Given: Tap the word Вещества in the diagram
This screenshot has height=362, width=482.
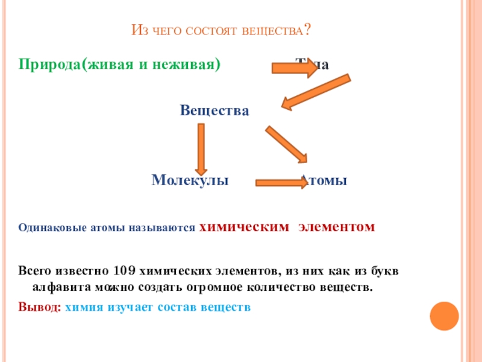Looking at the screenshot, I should point(214,111).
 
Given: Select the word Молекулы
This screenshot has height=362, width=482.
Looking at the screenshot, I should point(190,180).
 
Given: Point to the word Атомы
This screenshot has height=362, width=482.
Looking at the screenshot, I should point(325,180).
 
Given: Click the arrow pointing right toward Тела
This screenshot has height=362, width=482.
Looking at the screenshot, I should point(295,68).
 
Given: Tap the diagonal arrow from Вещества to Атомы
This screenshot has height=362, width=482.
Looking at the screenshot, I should point(287,144).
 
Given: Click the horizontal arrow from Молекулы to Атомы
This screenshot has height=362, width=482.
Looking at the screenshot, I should point(281,182).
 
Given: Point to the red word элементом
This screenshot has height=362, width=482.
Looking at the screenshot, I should point(337,227).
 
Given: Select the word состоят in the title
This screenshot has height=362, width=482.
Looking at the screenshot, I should point(212,31).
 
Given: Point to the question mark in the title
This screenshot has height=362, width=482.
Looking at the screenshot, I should point(308,30).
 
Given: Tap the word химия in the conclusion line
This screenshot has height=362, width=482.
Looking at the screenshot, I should point(84,306).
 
